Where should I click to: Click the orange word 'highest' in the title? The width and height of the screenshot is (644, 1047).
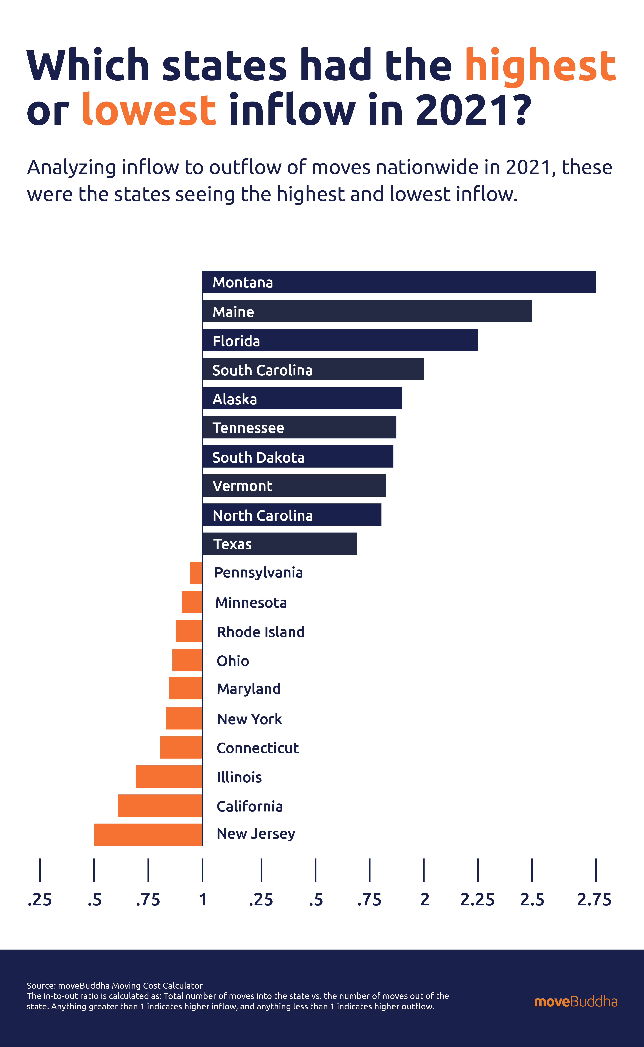tap(540, 66)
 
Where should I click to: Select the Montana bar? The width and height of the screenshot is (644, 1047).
tap(399, 282)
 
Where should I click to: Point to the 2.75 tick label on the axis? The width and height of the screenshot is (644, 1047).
tap(594, 900)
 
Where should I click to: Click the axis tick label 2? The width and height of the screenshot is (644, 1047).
tap(425, 900)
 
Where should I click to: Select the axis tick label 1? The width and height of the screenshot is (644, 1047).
tap(203, 900)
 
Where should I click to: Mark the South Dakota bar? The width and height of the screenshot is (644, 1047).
tap(298, 457)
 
